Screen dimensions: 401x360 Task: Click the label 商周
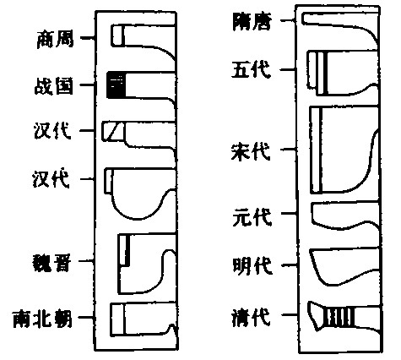click(56, 39)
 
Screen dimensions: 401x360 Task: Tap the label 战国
click(54, 85)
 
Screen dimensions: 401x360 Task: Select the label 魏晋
click(52, 262)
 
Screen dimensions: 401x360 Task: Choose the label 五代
click(252, 69)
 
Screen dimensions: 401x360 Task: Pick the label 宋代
click(251, 151)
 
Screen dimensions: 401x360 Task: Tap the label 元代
click(252, 216)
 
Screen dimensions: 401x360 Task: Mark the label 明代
click(252, 265)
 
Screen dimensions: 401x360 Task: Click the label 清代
click(252, 316)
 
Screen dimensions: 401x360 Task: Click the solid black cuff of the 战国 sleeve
click(116, 85)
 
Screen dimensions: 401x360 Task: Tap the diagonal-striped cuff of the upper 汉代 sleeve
click(112, 131)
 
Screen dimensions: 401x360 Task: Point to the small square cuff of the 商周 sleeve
click(117, 35)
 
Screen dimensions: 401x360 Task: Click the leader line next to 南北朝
click(87, 318)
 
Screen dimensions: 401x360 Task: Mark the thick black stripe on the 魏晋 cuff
click(128, 250)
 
